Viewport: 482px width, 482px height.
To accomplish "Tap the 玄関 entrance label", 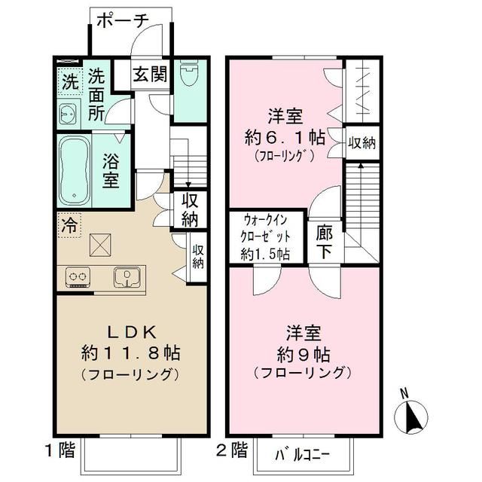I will click(x=149, y=75).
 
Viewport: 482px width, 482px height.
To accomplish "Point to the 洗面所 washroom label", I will click(x=96, y=95).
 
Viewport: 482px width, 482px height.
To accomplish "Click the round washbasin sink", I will click(x=67, y=114).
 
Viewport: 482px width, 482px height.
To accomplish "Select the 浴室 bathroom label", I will click(x=111, y=170).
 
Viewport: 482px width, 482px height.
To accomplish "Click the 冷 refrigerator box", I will click(x=69, y=224).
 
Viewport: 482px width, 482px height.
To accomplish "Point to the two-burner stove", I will click(x=78, y=277).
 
